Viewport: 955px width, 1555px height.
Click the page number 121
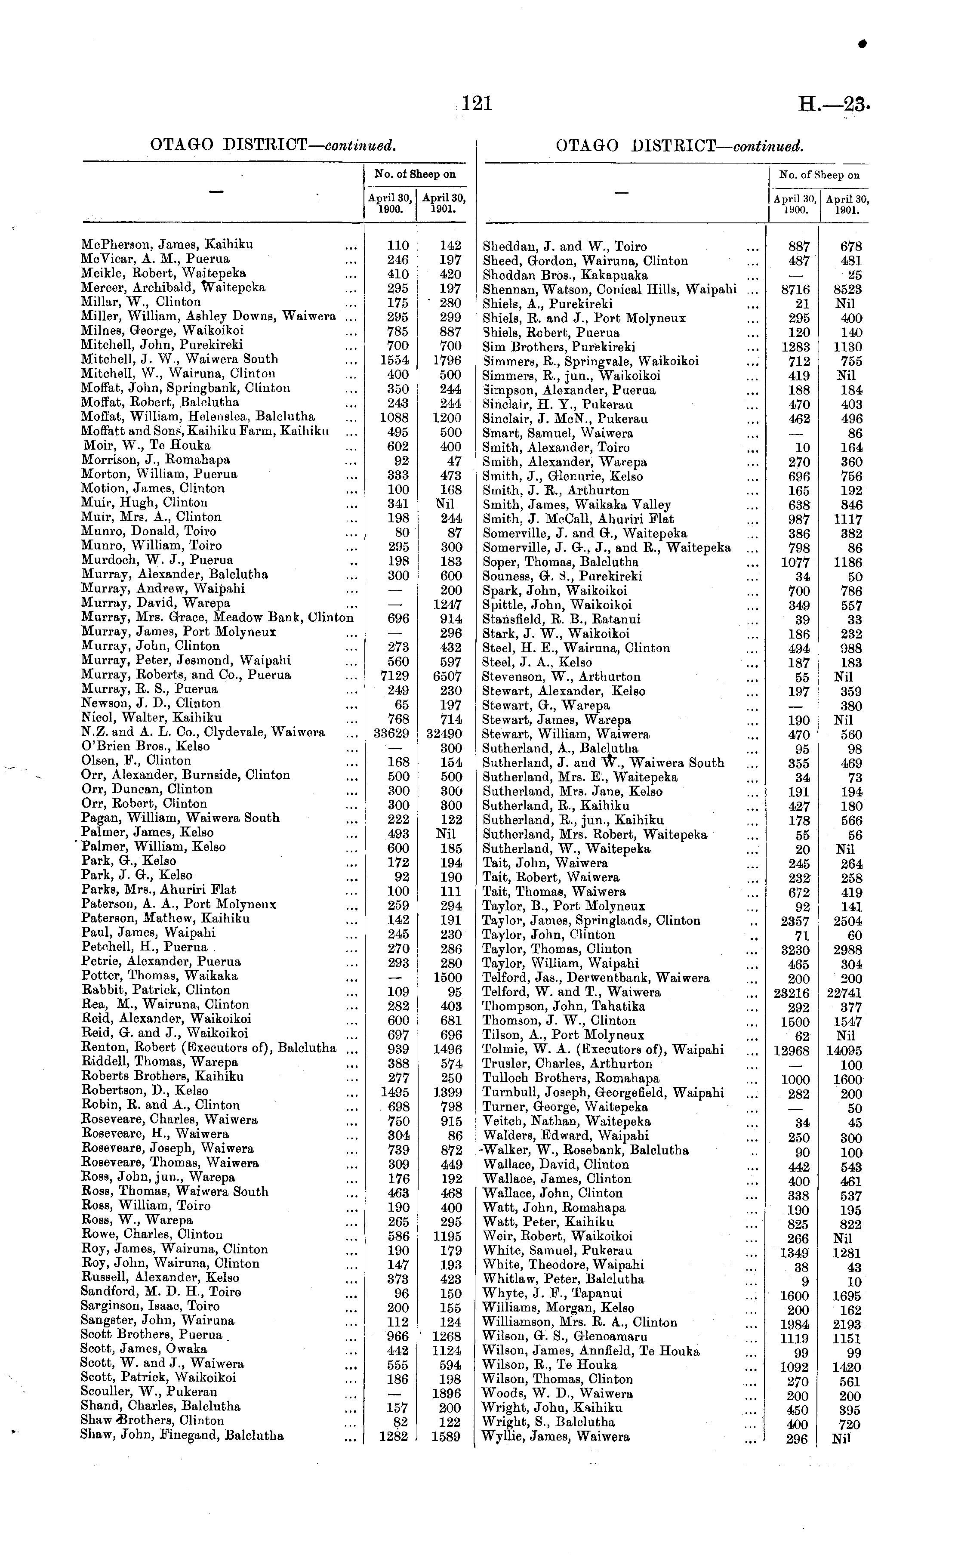pos(477,102)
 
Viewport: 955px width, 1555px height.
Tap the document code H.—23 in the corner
pos(832,104)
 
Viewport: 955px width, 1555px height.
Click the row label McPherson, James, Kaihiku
pos(167,244)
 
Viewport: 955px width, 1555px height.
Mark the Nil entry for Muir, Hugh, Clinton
pos(445,504)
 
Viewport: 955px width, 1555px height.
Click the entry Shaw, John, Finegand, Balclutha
pos(182,1436)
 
